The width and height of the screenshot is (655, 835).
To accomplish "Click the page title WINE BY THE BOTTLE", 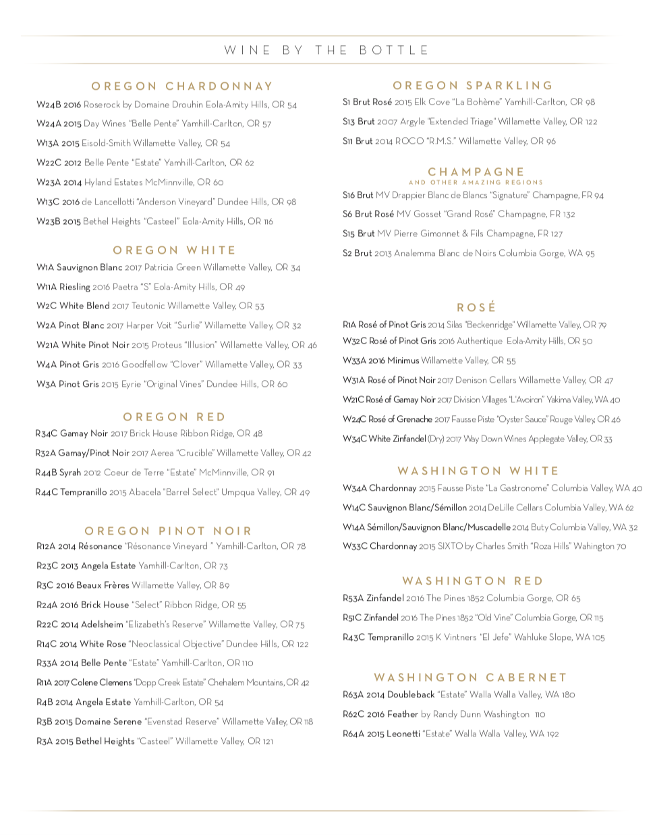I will (327, 51).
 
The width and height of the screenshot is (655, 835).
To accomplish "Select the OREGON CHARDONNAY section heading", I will (182, 86).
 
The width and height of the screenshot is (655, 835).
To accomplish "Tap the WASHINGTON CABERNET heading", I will (470, 677).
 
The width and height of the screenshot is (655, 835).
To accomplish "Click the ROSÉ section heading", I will (476, 307).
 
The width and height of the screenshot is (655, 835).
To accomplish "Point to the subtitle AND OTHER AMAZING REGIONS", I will (476, 182).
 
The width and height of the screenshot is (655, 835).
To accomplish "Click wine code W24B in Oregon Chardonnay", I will (49, 105).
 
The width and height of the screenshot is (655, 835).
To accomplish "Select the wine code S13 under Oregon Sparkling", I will (349, 122).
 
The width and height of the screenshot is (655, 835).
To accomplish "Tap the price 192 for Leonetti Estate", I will (552, 734).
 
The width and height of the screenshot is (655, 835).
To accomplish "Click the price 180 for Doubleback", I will (569, 695).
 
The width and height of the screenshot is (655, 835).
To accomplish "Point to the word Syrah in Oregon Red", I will (70, 473).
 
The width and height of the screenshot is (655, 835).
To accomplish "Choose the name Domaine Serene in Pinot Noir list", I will (104, 722).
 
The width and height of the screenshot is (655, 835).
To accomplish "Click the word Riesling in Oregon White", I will (75, 287).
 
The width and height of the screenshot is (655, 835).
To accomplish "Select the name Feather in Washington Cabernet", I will (403, 714).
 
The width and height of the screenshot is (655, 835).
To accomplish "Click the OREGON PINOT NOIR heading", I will (168, 531).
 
